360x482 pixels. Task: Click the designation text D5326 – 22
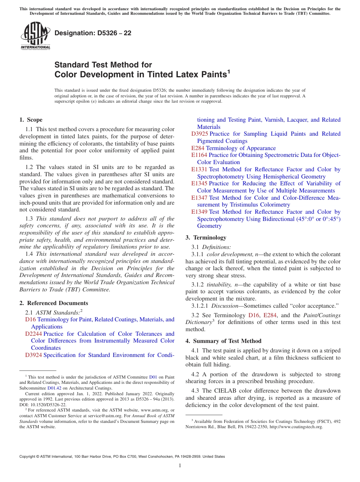tap(93, 33)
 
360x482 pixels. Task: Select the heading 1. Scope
tap(31, 120)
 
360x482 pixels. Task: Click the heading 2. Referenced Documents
tap(53, 303)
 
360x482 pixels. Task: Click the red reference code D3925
tap(199, 134)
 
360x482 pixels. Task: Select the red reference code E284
tap(197, 148)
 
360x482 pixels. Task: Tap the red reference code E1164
tap(199, 155)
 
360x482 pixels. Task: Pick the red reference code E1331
tap(199, 169)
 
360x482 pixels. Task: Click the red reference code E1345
tap(199, 183)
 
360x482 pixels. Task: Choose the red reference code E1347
tap(199, 198)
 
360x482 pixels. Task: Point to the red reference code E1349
tap(199, 212)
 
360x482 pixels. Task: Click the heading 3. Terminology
tap(206, 238)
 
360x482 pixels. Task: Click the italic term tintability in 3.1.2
tap(218, 285)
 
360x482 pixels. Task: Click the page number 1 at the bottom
tap(180, 465)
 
